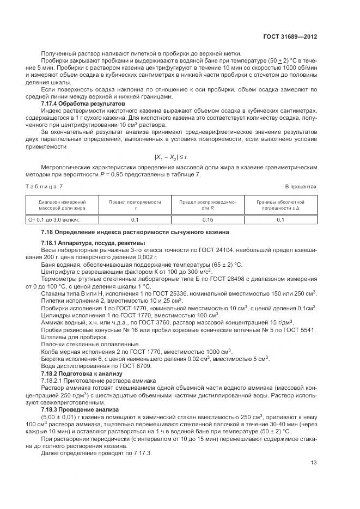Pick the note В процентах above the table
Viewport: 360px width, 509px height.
pyautogui.click(x=301, y=187)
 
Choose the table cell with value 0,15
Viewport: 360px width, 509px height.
pyautogui.click(x=208, y=219)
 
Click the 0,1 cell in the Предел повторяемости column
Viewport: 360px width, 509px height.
pyautogui.click(x=135, y=219)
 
